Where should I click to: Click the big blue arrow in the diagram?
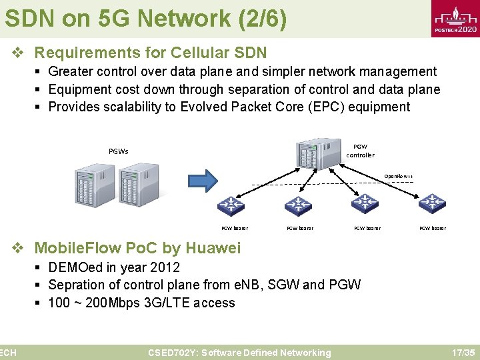pyautogui.click(x=207, y=180)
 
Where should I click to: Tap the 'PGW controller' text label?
pyautogui.click(x=360, y=151)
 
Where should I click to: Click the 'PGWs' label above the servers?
pyautogui.click(x=119, y=151)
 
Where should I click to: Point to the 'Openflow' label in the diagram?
pyautogui.click(x=398, y=177)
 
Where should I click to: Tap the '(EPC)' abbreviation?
pyautogui.click(x=323, y=107)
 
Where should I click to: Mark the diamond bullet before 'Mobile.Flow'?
pyautogui.click(x=19, y=249)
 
